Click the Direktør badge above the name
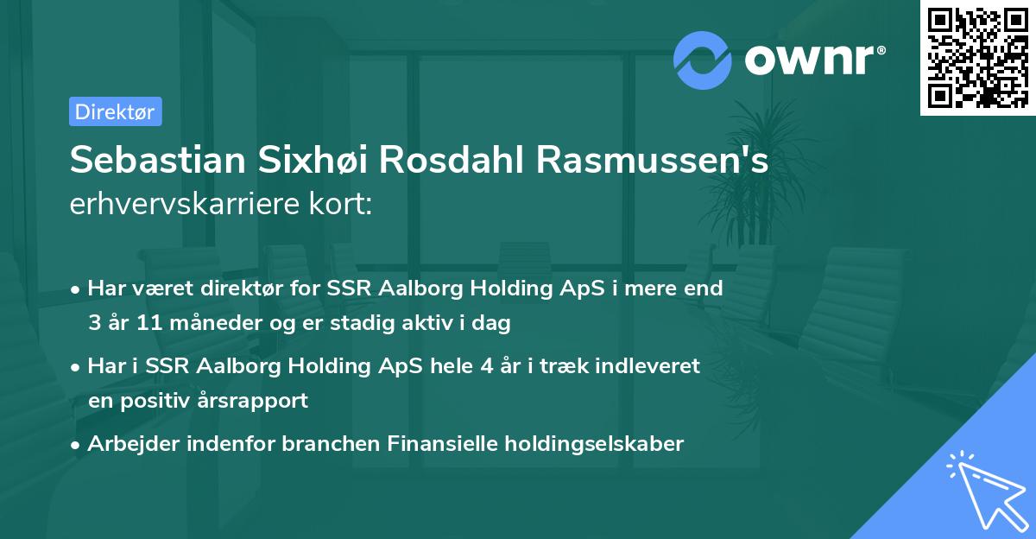point(115,111)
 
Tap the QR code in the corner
point(977,57)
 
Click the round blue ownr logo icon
point(703,60)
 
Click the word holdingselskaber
point(589,444)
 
